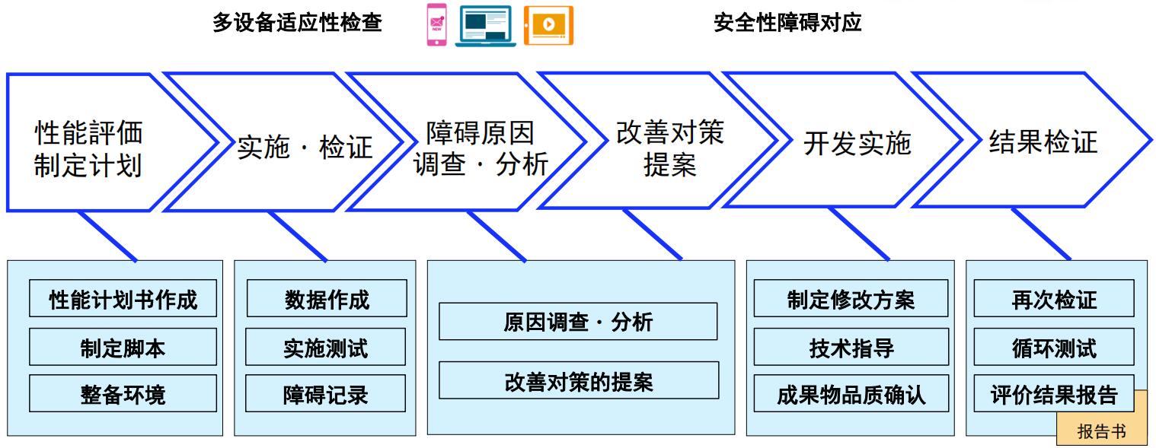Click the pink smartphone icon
coord(436,25)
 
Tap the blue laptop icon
coord(486,26)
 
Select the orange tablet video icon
coord(548,25)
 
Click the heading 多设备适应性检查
coord(297,23)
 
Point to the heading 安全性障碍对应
coord(787,23)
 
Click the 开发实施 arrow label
coord(857,143)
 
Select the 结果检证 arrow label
coord(1043,141)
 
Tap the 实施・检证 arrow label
coord(305,147)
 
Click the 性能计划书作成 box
coord(123,298)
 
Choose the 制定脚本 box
coord(123,347)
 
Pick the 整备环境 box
coord(123,393)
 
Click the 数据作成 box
coord(327,298)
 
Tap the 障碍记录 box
coord(326,393)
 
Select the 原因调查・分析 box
coord(578,321)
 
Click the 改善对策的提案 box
coord(579,380)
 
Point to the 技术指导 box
coord(851,347)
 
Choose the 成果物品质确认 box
coord(851,393)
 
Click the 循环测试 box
coord(1054,347)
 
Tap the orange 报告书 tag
coord(1102,430)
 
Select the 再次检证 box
coord(1054,298)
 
